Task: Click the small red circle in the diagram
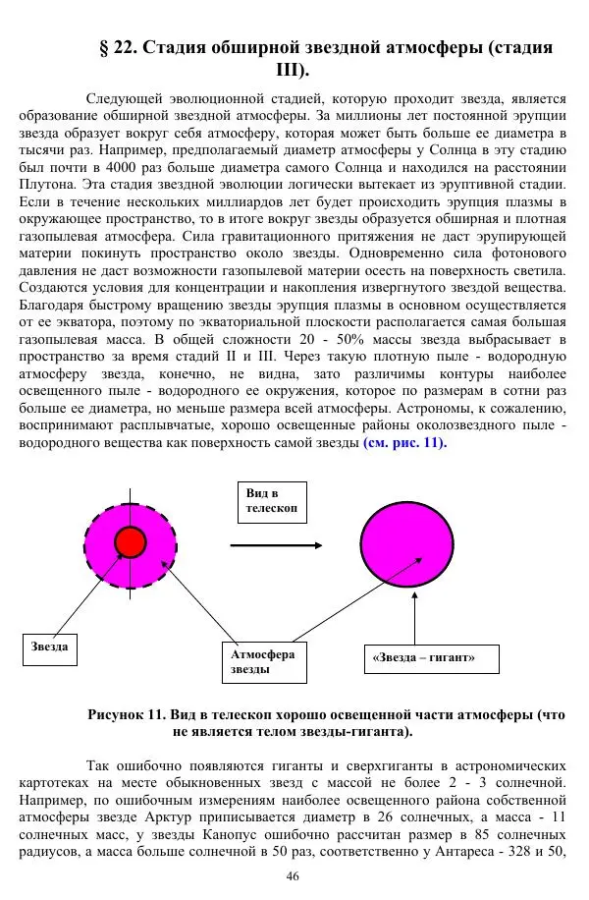pyautogui.click(x=130, y=541)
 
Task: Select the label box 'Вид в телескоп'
pyautogui.click(x=267, y=503)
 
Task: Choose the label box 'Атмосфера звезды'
pyautogui.click(x=262, y=661)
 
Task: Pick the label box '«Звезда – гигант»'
pyautogui.click(x=423, y=657)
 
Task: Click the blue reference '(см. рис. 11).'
pyautogui.click(x=404, y=443)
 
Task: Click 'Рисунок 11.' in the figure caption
pyautogui.click(x=129, y=715)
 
